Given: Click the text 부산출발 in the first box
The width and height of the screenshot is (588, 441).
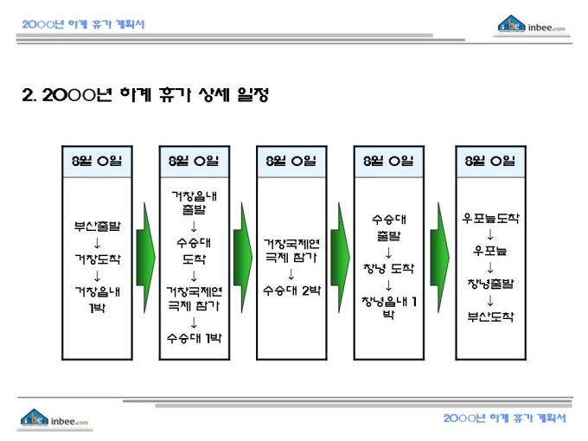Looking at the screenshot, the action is coord(97,227).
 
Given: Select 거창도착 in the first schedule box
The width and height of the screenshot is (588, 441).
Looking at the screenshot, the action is coord(98,259).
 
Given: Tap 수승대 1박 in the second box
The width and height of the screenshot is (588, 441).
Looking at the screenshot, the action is coord(195,338).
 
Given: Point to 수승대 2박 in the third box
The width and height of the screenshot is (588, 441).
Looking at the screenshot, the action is coord(291,291).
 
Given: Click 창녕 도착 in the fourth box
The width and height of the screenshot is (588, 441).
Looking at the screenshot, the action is coord(388,269).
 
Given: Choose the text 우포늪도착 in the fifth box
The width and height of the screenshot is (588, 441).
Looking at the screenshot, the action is coord(490,218).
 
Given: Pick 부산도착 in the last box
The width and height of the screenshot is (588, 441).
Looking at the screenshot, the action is coord(490,316).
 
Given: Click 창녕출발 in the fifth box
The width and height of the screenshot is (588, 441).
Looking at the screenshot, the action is coord(490,284).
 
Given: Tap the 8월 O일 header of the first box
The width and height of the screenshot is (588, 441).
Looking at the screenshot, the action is coord(97,161).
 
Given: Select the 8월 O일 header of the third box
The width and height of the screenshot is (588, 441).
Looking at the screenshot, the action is coord(291,161).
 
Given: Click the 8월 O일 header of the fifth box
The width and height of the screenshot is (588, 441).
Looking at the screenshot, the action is coord(490,161).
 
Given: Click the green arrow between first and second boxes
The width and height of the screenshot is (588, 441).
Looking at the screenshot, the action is coord(145,258).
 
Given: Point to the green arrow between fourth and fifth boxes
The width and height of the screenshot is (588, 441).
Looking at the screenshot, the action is coord(439,258).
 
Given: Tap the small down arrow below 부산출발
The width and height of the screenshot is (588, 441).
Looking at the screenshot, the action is coord(97,243).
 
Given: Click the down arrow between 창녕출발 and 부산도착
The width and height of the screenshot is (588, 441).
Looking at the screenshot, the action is coord(490,300).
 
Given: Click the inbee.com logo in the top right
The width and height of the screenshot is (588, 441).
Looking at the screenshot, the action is coord(532,25).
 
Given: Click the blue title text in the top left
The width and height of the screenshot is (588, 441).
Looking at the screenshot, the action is coord(83,24).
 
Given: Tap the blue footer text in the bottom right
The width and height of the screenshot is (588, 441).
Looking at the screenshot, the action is coord(505,419).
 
